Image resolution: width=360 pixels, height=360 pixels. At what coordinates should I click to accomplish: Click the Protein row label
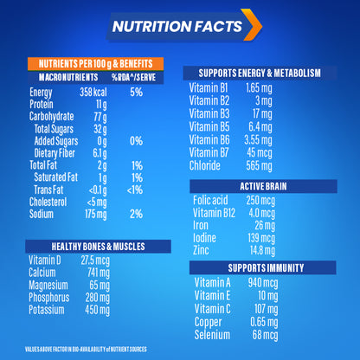42,104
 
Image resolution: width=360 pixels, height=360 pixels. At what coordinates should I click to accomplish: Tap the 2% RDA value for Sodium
135,213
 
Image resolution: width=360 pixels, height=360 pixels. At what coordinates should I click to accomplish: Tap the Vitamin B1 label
209,87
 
